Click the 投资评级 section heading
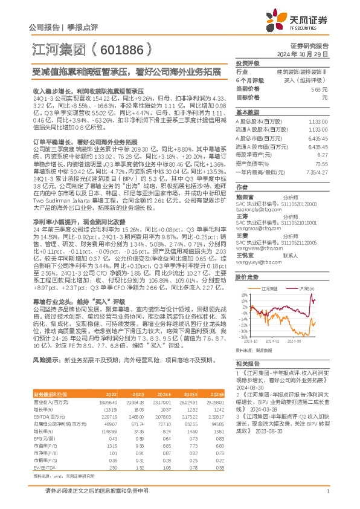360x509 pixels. (x=247, y=63)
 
